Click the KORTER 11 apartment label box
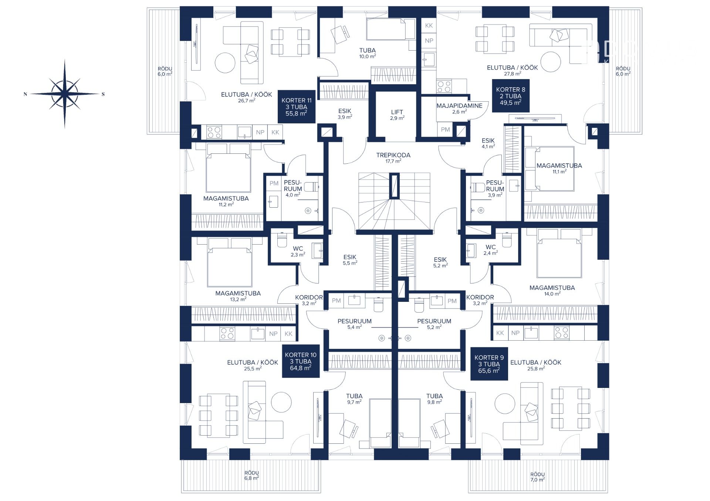(x=296, y=106)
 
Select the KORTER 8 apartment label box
(x=511, y=96)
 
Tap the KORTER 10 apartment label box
(x=301, y=361)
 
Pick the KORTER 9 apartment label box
(x=489, y=364)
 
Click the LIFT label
(x=397, y=115)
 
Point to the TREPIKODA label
(x=393, y=158)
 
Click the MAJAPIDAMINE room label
(x=459, y=108)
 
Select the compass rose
(x=65, y=94)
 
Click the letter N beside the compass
(x=26, y=94)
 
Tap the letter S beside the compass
(x=103, y=94)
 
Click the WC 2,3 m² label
(x=298, y=251)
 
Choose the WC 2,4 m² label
(x=491, y=250)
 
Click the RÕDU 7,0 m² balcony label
(x=537, y=477)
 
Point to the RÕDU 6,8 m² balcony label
(x=251, y=476)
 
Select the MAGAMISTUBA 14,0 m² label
(x=552, y=290)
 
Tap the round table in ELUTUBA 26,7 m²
(x=225, y=62)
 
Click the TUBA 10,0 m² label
(x=367, y=53)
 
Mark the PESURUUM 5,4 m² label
(x=354, y=324)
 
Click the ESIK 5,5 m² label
(x=350, y=260)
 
